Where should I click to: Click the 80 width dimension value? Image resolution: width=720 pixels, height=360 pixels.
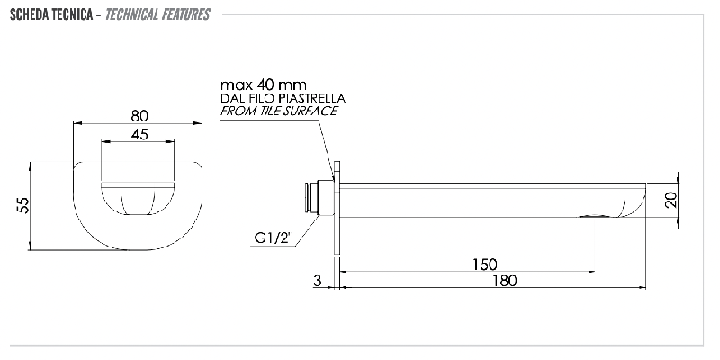(x=139, y=116)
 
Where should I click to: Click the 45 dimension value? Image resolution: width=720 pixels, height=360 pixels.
(x=139, y=134)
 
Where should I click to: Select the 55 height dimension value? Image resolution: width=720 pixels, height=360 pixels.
(x=23, y=205)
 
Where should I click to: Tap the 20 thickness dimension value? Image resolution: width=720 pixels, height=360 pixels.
(x=670, y=200)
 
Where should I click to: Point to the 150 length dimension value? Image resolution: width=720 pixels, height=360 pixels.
(x=485, y=265)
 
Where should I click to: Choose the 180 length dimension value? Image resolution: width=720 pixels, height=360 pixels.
(x=504, y=280)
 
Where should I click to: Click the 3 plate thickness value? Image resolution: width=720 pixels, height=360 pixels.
(x=318, y=281)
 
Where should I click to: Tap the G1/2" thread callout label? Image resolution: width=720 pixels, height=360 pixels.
(x=274, y=238)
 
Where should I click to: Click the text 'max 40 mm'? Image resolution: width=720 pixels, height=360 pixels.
(x=264, y=85)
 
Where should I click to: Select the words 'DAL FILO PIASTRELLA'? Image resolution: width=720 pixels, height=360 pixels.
(x=283, y=98)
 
